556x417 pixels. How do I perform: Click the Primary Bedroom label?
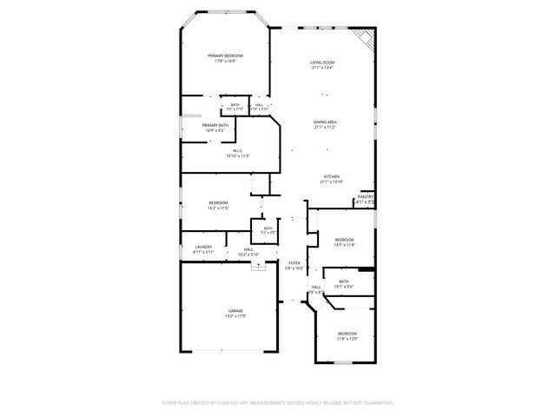[x=225, y=56]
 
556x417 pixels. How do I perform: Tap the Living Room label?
[x=322, y=62]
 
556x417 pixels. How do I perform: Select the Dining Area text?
[x=325, y=122]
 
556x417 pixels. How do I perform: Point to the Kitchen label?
[x=332, y=176]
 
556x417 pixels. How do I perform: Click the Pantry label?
[x=366, y=197]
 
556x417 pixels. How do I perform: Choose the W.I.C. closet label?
[x=237, y=150]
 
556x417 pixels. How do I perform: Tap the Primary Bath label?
[x=215, y=125]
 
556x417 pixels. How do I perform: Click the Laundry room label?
[x=203, y=247]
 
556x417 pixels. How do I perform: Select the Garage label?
[x=235, y=310]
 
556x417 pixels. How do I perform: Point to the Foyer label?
[x=295, y=263]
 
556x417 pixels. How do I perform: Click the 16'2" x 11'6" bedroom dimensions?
[x=218, y=208]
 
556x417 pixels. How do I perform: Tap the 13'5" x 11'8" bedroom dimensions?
[x=345, y=245]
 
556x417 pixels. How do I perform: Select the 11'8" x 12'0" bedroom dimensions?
[x=347, y=339]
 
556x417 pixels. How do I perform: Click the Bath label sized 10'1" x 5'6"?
[x=344, y=281]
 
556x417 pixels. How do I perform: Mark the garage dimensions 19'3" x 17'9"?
[x=235, y=316]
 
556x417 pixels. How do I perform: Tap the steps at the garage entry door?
[x=257, y=268]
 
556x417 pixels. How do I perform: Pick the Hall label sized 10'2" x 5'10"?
[x=248, y=249]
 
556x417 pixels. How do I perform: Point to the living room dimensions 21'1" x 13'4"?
[x=322, y=68]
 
